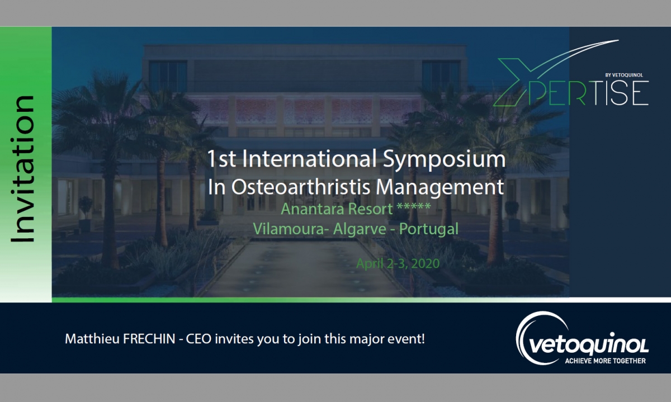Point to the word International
[x=309, y=159]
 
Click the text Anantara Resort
[x=337, y=209]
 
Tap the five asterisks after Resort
[x=414, y=206]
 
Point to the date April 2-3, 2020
[x=398, y=263]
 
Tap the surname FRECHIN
[x=149, y=339]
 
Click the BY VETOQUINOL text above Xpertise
[x=624, y=75]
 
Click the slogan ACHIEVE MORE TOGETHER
[x=605, y=361]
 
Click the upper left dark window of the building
[x=168, y=76]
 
